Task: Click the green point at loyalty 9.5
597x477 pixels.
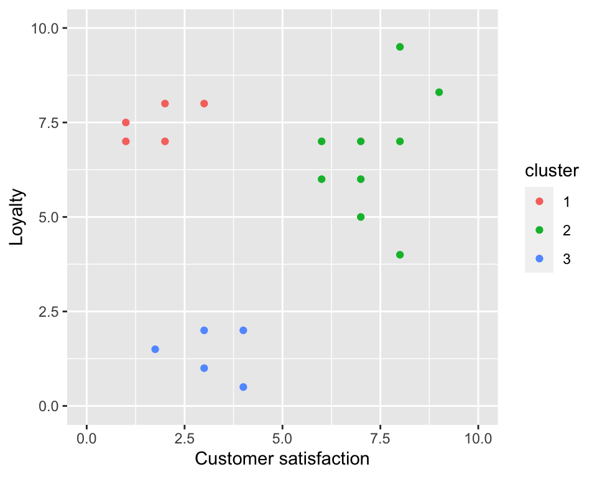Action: click(400, 47)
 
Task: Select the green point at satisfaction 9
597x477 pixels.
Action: click(439, 93)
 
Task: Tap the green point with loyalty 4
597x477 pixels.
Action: click(400, 255)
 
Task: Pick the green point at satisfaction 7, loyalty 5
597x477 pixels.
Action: click(361, 217)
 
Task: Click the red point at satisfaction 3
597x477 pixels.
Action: click(204, 104)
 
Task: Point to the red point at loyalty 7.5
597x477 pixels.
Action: click(126, 122)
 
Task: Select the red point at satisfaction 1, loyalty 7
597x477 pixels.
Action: click(126, 142)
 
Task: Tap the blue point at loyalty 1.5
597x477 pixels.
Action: click(155, 349)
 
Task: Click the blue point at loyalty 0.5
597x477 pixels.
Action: click(243, 387)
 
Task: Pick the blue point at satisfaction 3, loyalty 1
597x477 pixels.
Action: click(204, 368)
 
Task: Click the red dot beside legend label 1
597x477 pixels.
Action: click(539, 201)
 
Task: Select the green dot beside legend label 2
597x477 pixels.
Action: click(539, 230)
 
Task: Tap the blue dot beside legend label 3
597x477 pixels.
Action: click(539, 258)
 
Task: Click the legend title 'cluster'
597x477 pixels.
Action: click(552, 171)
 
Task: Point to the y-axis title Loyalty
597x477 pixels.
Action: click(17, 217)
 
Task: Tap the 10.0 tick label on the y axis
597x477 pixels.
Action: click(47, 29)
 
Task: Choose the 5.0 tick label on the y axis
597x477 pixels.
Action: click(50, 217)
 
